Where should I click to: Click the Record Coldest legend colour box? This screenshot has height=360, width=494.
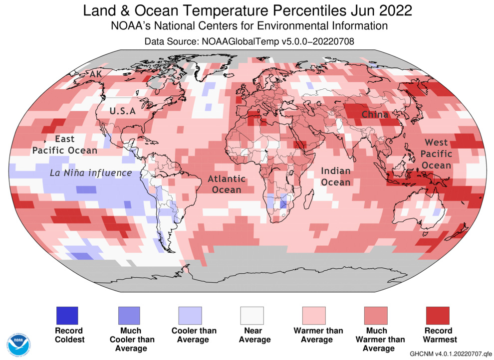pos(67,315)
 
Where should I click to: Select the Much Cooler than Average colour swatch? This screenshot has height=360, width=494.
pos(129,315)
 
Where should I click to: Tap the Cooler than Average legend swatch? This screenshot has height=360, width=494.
pos(190,315)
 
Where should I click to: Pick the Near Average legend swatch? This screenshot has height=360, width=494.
pos(252,315)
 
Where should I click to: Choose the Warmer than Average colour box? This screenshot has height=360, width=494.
pos(314,315)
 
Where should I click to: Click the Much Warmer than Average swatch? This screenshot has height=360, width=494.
pos(376,315)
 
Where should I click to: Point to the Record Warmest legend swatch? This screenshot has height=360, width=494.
pos(437,315)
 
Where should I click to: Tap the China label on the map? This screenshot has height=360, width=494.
pos(375,115)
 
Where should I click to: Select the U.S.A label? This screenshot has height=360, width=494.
pos(122,111)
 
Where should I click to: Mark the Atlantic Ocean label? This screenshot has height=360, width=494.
pos(227,184)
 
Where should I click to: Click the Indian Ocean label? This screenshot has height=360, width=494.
pos(335,177)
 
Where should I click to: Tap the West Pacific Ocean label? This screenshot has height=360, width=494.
pos(438,154)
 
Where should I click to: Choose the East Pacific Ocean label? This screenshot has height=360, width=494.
pos(65,144)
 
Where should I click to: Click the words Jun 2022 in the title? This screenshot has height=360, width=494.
pos(380,10)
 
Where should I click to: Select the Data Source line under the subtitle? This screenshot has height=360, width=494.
pos(249,41)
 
